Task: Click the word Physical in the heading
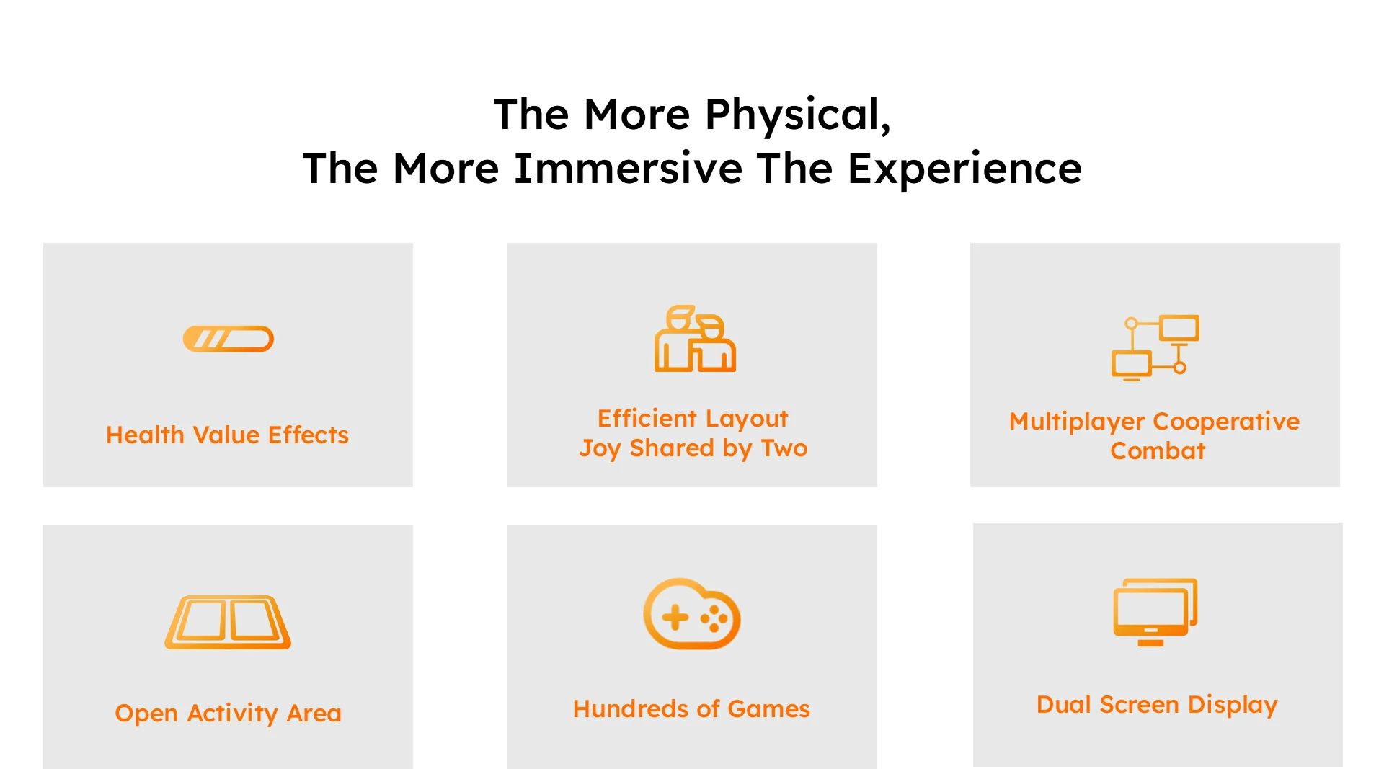pyautogui.click(x=798, y=115)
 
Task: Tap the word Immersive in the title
pyautogui.click(x=628, y=169)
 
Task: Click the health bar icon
pyautogui.click(x=229, y=339)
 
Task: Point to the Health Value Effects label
pyautogui.click(x=227, y=435)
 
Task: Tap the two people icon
pyautogui.click(x=695, y=338)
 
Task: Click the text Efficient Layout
pyautogui.click(x=693, y=418)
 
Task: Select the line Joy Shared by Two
pyautogui.click(x=693, y=448)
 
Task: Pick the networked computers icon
pyautogui.click(x=1155, y=347)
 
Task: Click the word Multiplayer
pyautogui.click(x=1077, y=422)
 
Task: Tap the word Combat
pyautogui.click(x=1158, y=451)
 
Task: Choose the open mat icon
pyautogui.click(x=228, y=622)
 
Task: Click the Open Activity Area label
pyautogui.click(x=228, y=714)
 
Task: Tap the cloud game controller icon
pyautogui.click(x=692, y=613)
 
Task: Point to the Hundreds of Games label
pyautogui.click(x=691, y=709)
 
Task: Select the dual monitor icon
pyautogui.click(x=1155, y=612)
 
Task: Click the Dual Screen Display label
pyautogui.click(x=1157, y=705)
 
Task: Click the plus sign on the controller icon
pyautogui.click(x=675, y=617)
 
